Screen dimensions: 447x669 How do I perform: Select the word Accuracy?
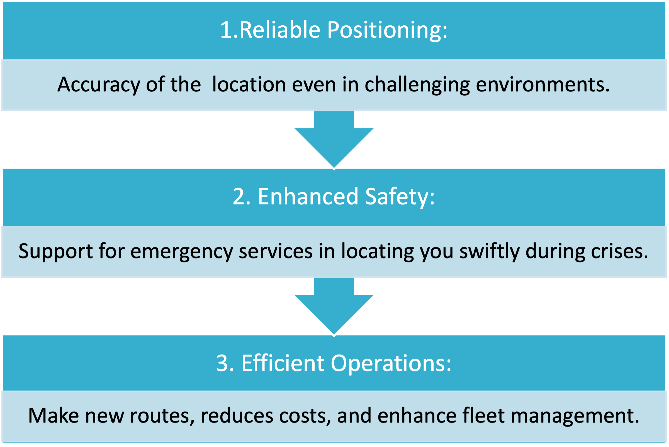point(99,85)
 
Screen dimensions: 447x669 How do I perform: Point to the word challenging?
point(417,85)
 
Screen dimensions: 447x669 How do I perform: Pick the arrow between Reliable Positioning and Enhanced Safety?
point(334,140)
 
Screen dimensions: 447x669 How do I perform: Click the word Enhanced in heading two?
point(308,196)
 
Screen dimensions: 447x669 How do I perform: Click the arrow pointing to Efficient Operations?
point(334,307)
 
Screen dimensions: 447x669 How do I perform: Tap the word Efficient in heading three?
point(283,363)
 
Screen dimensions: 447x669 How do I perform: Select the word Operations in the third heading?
point(391,363)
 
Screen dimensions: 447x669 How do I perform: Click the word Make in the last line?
point(53,416)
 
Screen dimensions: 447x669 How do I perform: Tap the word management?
point(575,416)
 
